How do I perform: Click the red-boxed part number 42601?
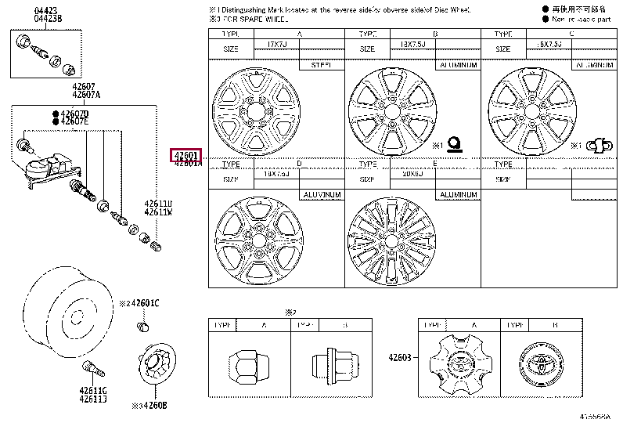(x=187, y=155)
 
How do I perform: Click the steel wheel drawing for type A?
(x=254, y=110)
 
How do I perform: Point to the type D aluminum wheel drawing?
(x=254, y=240)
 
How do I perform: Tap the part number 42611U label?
(x=158, y=204)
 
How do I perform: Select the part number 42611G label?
(x=92, y=389)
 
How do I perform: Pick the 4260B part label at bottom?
(x=152, y=406)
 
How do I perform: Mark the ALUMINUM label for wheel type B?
(x=458, y=66)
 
